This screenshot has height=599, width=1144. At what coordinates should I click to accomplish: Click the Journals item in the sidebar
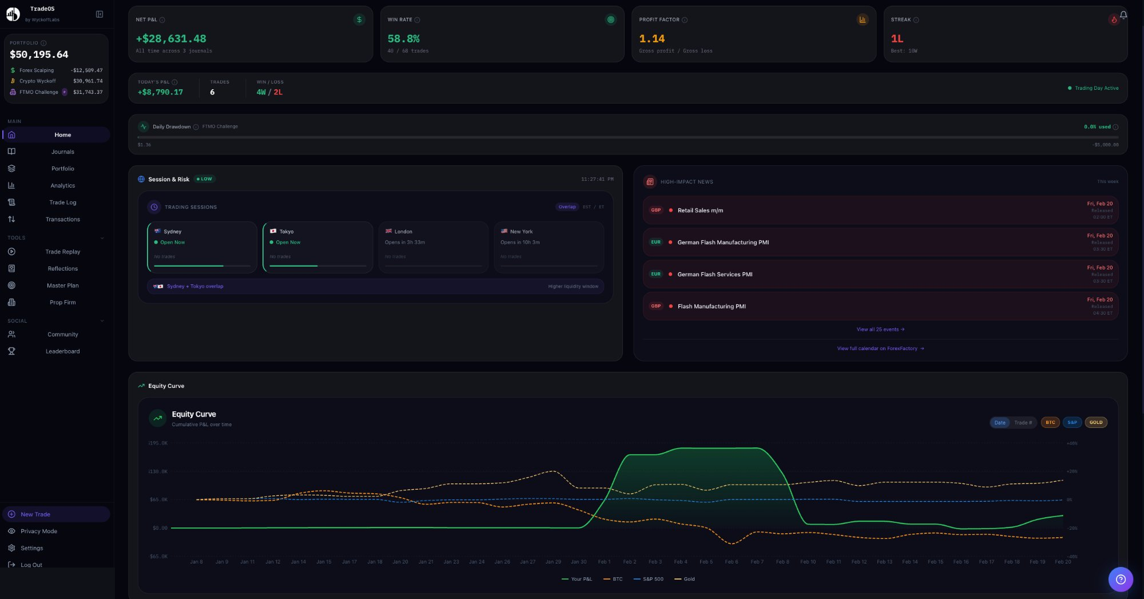pos(62,152)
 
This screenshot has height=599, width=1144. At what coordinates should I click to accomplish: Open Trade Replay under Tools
pos(62,252)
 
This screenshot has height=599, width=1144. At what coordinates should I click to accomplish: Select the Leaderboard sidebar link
pos(62,351)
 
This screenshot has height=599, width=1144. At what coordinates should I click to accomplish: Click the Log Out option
pos(31,565)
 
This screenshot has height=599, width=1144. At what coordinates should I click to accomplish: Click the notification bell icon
pos(1123,15)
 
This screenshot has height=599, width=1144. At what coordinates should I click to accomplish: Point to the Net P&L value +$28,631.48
pos(171,39)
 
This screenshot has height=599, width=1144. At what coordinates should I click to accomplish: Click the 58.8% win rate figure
pos(403,39)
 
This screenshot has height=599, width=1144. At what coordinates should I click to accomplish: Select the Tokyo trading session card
pos(317,247)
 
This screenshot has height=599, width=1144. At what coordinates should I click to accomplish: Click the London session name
pos(403,232)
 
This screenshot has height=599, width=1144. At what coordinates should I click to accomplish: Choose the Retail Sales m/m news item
pos(700,211)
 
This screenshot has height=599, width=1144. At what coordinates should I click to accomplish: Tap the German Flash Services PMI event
pos(714,275)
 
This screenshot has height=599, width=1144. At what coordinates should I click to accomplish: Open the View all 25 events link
pos(880,330)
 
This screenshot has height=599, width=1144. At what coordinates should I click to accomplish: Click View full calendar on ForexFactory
pos(880,348)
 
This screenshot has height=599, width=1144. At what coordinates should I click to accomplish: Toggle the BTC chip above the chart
pos(1050,423)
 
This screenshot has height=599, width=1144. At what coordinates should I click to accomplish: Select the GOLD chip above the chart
pos(1095,423)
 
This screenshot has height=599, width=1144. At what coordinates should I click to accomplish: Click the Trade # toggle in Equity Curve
pos(1023,423)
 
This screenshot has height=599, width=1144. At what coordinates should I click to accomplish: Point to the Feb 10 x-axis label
pos(808,562)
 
